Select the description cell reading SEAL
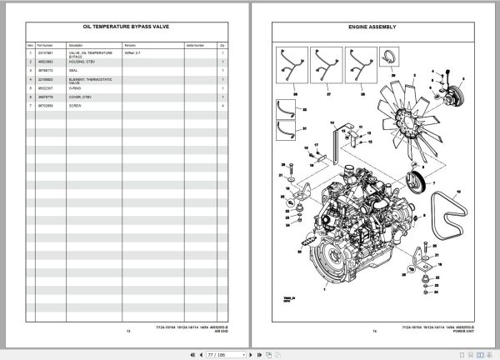point(76,70)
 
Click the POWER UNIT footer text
point(447,332)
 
